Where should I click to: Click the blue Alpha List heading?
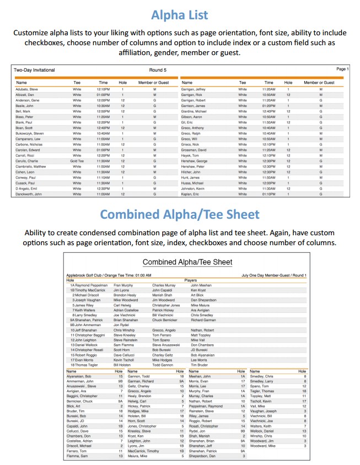(180, 14)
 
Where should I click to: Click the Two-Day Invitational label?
(34, 70)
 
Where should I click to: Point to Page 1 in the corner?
(342, 69)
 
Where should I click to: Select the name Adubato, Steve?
(27, 89)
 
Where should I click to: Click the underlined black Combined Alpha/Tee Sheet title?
(187, 262)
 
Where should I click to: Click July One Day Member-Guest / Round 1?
(273, 275)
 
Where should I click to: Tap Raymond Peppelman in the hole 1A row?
(90, 285)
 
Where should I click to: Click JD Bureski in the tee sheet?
(199, 350)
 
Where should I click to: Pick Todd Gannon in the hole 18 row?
(163, 365)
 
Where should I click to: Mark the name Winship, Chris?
(261, 436)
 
